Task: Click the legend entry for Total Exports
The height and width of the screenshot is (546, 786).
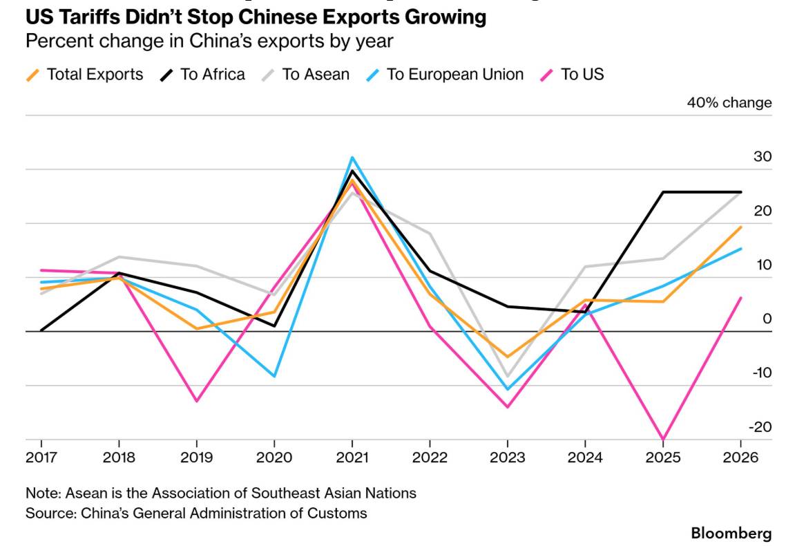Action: point(84,75)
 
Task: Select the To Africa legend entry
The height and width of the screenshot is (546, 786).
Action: point(202,75)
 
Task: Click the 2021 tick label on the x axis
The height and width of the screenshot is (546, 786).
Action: point(352,458)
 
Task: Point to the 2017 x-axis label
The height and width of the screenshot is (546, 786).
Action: point(41,458)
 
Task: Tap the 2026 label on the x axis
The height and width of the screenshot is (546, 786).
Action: point(740,458)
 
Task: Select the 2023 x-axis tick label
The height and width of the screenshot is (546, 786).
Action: point(507,458)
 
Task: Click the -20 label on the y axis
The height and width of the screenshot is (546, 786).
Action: point(760,427)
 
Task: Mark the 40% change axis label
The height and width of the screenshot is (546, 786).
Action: point(729,103)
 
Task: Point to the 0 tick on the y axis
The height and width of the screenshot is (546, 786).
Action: point(767,319)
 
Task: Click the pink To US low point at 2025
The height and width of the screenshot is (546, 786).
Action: point(663,440)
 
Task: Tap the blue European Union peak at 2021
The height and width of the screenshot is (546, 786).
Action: point(352,158)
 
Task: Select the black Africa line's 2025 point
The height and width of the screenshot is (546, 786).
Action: point(663,192)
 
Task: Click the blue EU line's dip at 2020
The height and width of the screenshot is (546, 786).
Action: point(274,376)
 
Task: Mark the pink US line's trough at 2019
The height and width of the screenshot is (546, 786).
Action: point(196,401)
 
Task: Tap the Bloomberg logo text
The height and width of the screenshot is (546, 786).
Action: point(731,533)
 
